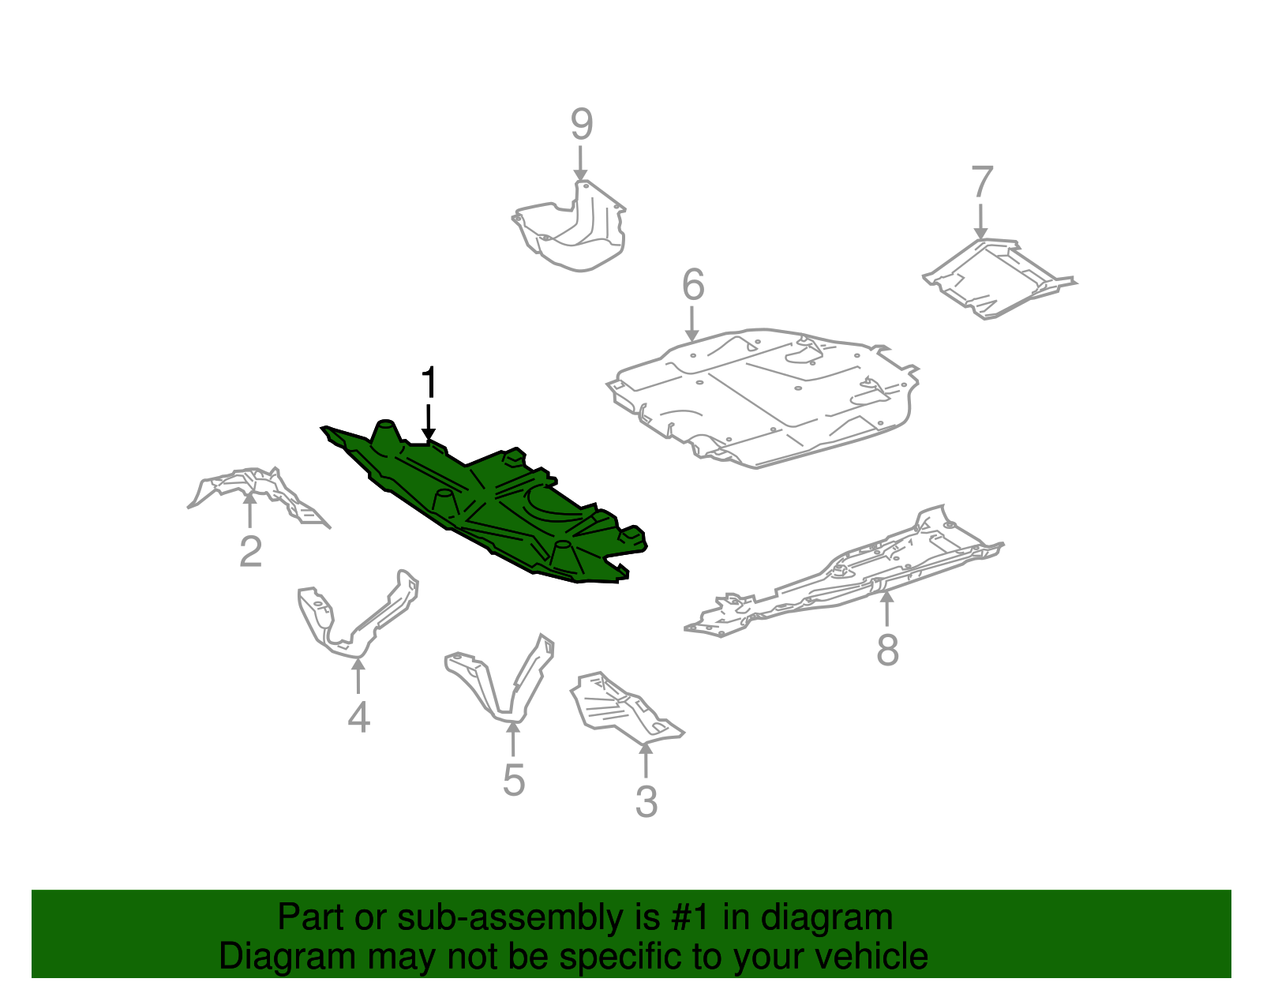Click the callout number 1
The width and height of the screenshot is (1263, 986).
point(429,383)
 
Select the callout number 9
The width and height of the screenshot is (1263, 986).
point(581,125)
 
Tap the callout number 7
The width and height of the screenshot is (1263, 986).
point(981,182)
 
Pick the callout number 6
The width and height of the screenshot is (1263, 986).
point(692,285)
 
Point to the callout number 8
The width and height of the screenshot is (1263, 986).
point(887,650)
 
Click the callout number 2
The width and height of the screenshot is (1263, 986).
point(250,551)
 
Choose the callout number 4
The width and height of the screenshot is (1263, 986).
point(358,717)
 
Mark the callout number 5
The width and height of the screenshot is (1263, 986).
point(513,780)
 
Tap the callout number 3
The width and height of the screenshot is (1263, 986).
point(646,802)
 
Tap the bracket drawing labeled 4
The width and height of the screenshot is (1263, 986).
point(355,624)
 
